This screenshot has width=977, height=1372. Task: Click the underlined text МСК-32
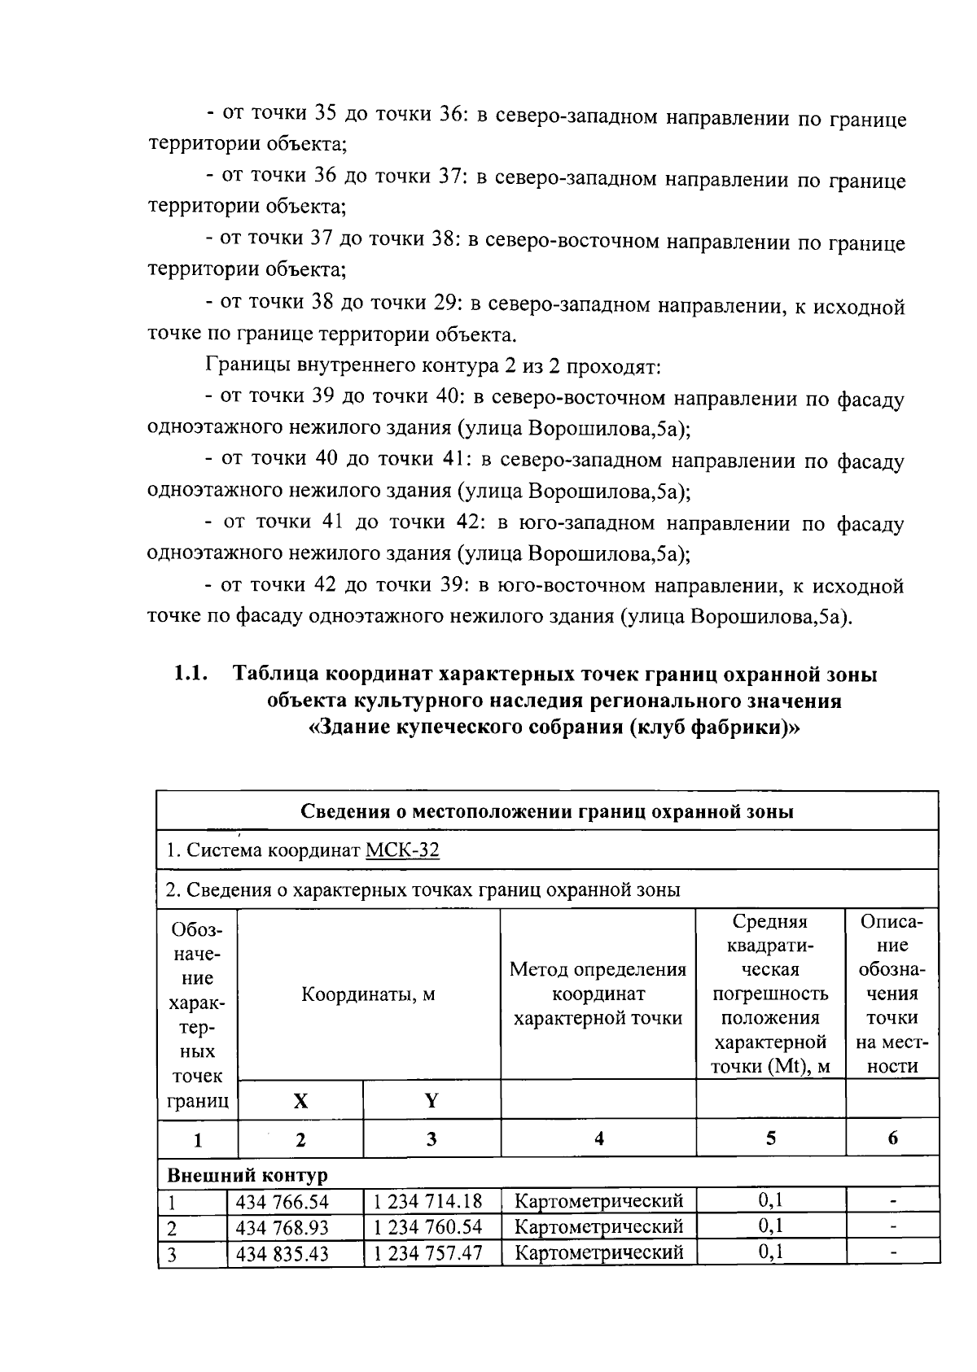click(402, 851)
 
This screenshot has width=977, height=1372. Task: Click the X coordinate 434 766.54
click(282, 1201)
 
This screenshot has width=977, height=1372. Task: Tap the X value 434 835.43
click(282, 1254)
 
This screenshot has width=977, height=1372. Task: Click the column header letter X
click(300, 1101)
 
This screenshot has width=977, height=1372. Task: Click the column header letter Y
click(432, 1101)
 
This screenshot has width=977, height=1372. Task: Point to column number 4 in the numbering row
click(598, 1139)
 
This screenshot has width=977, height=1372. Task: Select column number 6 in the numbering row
click(892, 1139)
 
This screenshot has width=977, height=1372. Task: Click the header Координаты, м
click(368, 994)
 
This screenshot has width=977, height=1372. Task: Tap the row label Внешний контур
click(248, 1176)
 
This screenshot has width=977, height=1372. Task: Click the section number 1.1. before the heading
click(190, 675)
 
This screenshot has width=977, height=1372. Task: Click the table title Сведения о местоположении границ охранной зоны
click(547, 811)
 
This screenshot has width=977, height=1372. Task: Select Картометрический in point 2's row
click(599, 1227)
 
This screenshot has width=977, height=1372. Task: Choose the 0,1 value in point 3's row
click(770, 1252)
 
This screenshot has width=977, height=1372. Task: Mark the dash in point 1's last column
click(893, 1201)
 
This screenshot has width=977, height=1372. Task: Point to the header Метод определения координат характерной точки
click(598, 994)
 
